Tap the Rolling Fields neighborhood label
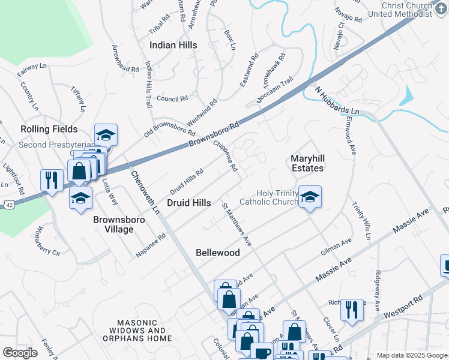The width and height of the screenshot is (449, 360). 49,129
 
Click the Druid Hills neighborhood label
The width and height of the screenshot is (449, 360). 188,203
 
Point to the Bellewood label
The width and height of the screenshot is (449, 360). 218,253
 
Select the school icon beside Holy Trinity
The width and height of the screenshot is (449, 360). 309,197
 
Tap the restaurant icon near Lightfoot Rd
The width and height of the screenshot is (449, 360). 52,181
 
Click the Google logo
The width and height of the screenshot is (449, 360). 20,353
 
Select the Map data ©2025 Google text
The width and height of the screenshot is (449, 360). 411,355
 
